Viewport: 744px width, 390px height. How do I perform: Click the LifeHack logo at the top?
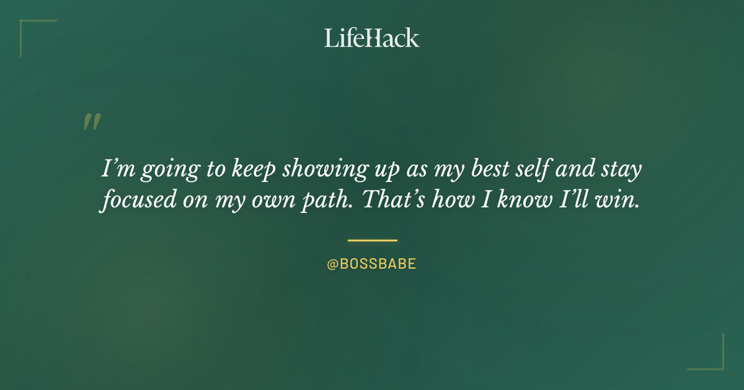point(372,38)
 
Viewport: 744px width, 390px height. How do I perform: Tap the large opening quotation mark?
point(92,122)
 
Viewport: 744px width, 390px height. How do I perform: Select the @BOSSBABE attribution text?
point(371,264)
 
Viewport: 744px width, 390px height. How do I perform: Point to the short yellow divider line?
point(372,240)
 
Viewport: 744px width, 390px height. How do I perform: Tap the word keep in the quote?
point(254,170)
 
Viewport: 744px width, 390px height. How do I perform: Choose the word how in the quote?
point(451,201)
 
